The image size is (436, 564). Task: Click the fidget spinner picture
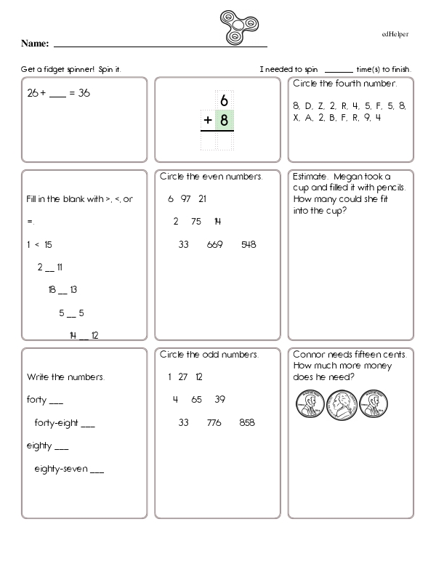pos(238,26)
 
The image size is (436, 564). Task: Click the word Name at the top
pos(34,44)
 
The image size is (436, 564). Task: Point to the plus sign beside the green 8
pos(208,121)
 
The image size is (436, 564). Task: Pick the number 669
pos(214,244)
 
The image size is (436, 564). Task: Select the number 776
pos(214,422)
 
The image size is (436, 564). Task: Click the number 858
pos(247,422)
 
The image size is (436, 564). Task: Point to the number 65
pos(196,399)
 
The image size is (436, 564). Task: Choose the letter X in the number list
pos(296,117)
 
